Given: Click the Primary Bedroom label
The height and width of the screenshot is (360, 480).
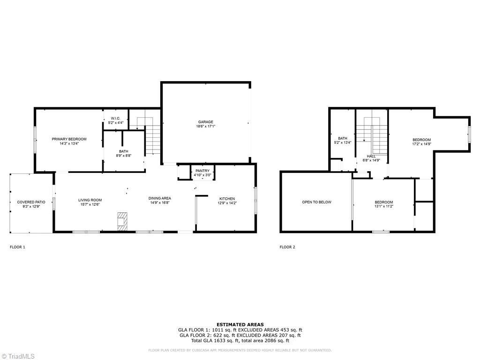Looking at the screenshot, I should coord(69,139).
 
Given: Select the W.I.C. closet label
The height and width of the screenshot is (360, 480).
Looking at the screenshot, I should coord(115,118).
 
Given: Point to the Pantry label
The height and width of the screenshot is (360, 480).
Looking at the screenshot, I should coord(202,171).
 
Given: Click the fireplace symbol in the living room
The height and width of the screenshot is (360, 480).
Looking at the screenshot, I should coord(122,220).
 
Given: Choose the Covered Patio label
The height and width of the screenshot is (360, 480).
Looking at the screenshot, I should coord(31,202).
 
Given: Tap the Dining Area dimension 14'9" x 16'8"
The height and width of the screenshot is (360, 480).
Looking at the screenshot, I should coord(160,203).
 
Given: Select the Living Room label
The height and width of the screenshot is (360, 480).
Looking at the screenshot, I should coord(90,200).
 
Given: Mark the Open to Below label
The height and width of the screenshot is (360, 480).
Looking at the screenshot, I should coord(316,202).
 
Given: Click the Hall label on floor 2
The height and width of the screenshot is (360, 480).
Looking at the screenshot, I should coord(371,156).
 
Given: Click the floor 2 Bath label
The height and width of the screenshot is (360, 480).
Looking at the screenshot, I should coord(343,138).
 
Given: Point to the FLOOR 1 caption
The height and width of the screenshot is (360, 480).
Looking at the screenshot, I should coord(17,247).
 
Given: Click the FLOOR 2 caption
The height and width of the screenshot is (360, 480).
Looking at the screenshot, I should coord(287,247).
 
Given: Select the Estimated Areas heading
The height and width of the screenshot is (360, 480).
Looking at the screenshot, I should coord(240,324).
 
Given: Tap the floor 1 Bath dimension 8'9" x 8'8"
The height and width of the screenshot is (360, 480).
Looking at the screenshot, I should coord(124,156).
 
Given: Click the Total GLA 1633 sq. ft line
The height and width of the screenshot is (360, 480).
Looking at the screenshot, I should coord(240,340).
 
